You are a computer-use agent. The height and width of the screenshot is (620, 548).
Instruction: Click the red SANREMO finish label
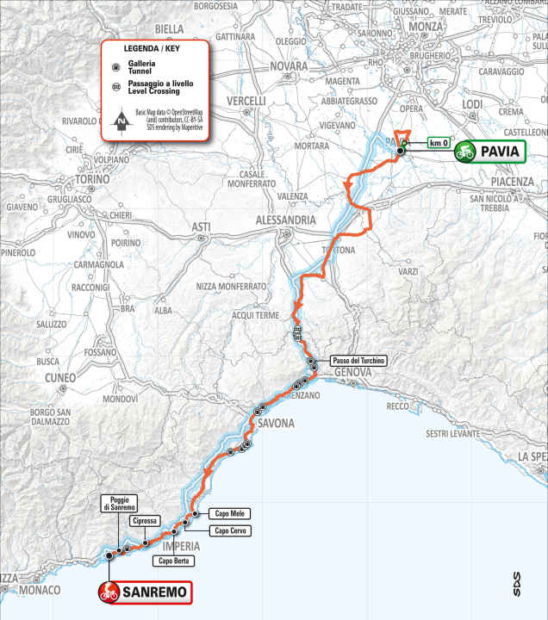click(x=144, y=592)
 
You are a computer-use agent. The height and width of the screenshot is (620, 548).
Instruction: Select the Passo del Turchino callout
click(x=357, y=359)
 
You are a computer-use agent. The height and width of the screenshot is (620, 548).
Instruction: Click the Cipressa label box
click(x=142, y=522)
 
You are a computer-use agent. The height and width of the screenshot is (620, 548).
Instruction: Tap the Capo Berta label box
click(x=173, y=561)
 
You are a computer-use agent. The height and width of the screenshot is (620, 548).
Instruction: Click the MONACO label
click(x=40, y=590)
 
